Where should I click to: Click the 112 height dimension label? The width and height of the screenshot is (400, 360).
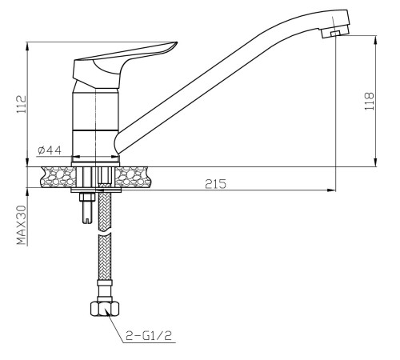click(22, 104)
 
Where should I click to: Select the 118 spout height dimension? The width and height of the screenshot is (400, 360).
click(370, 102)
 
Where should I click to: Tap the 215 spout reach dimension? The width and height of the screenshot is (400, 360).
click(215, 184)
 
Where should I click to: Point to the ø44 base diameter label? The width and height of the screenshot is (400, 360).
click(50, 150)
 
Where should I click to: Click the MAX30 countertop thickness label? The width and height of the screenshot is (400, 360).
click(22, 225)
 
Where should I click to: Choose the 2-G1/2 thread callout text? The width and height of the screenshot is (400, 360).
click(149, 336)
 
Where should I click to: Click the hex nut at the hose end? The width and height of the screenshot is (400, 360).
click(105, 309)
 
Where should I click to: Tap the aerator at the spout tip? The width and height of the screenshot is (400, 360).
click(335, 32)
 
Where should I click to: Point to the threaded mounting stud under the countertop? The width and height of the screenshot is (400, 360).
click(87, 208)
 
